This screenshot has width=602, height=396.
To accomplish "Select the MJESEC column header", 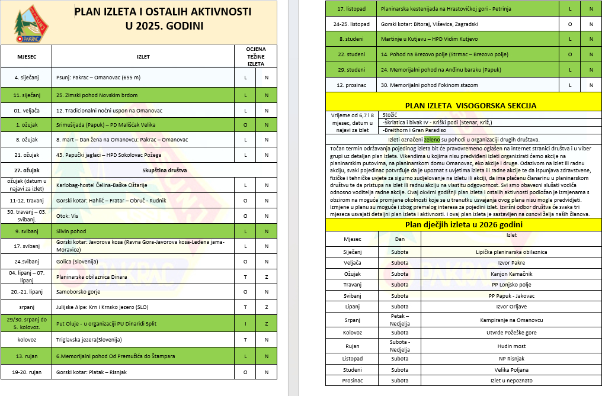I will (26, 57).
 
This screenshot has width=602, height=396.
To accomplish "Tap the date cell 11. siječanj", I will (27, 95).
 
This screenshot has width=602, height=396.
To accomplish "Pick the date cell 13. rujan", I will (27, 356).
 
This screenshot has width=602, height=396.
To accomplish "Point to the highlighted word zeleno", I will (432, 139).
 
